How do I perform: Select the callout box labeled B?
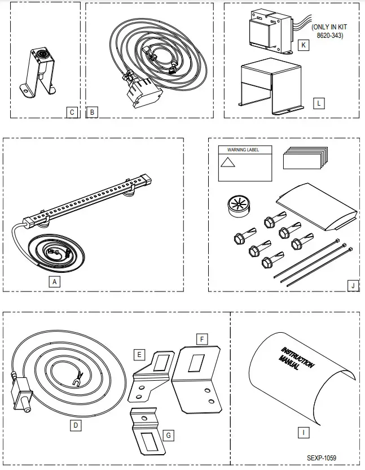tap(92, 112)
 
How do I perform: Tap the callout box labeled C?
tap(72, 112)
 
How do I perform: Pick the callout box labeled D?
tap(76, 425)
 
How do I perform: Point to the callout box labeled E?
tap(138, 355)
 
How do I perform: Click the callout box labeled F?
tap(201, 339)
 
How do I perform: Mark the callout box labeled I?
tap(304, 433)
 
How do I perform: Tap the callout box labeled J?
tap(353, 285)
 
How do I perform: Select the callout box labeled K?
tap(304, 45)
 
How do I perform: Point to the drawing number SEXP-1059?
tap(325, 458)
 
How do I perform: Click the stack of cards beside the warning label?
tap(304, 159)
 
